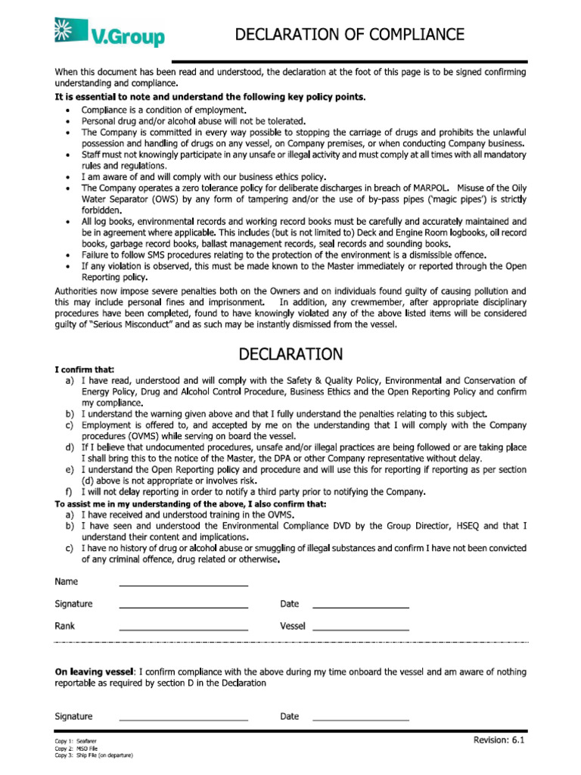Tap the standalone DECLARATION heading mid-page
[290, 354]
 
